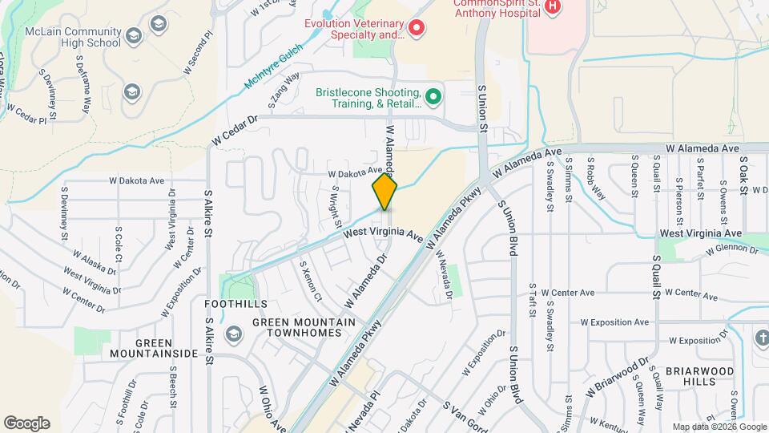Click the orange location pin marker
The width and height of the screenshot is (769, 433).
[x=384, y=192]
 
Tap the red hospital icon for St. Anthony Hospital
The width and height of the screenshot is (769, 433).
[x=551, y=6]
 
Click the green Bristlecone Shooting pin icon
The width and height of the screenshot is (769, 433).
[x=433, y=98]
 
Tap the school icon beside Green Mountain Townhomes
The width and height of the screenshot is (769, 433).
[x=233, y=333]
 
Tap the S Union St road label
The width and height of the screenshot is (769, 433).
[x=482, y=107]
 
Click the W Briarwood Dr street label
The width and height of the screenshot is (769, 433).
[x=617, y=377]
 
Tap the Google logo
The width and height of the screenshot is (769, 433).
[x=26, y=423]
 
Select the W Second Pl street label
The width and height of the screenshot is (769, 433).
[x=199, y=53]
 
